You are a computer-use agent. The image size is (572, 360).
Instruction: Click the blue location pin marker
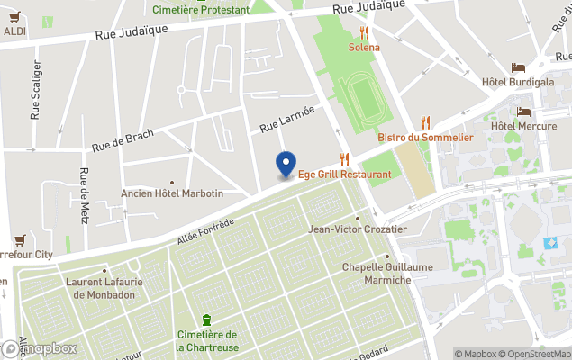pos(286,164)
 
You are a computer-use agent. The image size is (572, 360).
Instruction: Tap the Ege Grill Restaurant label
pos(340,175)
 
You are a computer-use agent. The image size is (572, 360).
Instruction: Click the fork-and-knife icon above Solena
pos(364,32)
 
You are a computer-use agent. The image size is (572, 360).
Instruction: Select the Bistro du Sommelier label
pos(425,137)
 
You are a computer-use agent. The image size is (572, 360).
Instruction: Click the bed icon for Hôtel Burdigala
pos(518,68)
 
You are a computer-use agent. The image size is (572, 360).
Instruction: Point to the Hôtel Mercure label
pos(522,126)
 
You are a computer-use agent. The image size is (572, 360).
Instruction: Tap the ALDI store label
pos(14,31)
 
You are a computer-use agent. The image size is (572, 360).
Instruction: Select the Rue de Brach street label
pos(122,140)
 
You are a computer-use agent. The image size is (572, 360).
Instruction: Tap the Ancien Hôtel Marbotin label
pos(171,193)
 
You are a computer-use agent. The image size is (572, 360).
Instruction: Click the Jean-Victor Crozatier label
pos(358,229)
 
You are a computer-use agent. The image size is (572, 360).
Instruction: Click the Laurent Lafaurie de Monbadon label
pos(105,288)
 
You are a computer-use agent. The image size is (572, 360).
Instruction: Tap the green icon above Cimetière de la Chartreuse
pos(207,319)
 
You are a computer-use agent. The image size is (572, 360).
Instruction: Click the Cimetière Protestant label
pos(201,10)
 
